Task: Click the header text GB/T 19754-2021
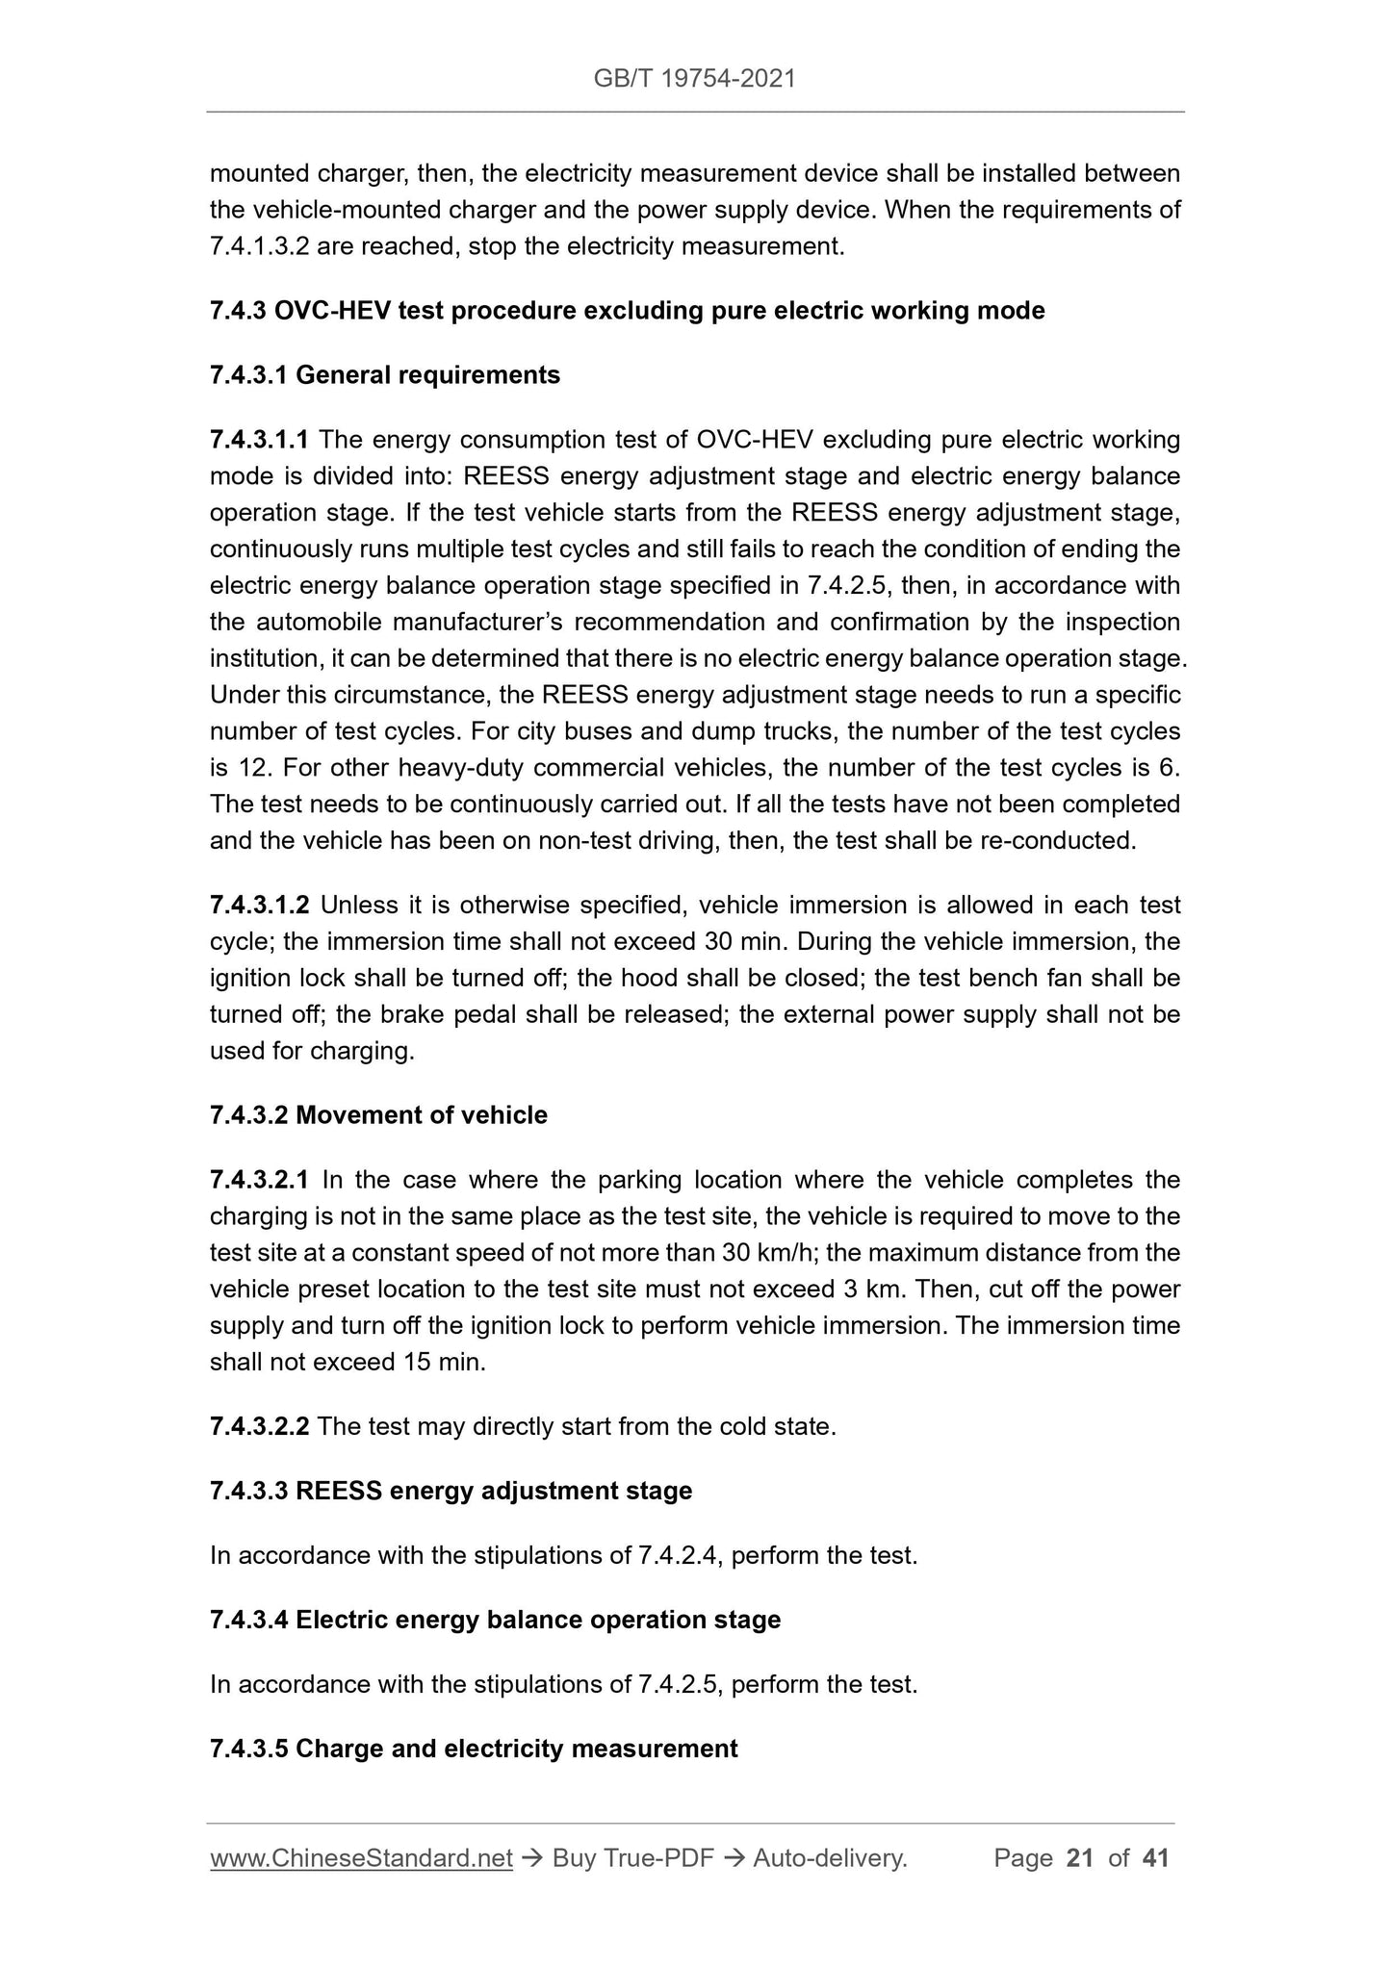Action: coord(694,79)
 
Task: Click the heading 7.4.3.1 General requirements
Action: coord(384,375)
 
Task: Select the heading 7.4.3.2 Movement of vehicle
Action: coord(378,1115)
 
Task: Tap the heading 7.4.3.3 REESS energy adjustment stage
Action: coord(451,1491)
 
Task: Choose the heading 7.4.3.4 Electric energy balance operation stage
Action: coord(495,1620)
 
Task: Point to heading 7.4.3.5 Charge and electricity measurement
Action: coord(474,1749)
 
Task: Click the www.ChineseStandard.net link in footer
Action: coord(361,1858)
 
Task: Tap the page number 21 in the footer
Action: coord(1080,1858)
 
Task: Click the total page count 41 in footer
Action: coord(1155,1858)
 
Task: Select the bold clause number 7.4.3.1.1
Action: coord(259,441)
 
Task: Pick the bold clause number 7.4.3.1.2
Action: coord(259,906)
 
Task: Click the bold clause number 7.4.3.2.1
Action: coord(259,1180)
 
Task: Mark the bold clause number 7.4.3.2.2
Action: coord(259,1426)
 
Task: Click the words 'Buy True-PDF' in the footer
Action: coord(632,1858)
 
